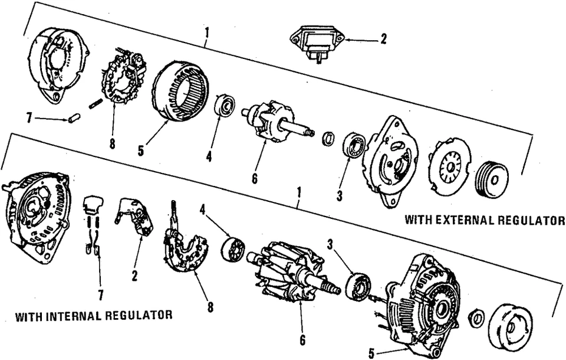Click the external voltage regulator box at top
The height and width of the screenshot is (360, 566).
coord(317,43)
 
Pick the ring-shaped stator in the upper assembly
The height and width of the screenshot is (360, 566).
coord(181,91)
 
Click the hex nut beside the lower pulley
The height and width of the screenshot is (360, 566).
coord(476,318)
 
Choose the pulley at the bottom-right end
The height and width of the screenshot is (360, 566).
coord(512,326)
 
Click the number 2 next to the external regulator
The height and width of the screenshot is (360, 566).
coord(383,40)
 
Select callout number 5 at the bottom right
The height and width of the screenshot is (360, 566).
coord(371,354)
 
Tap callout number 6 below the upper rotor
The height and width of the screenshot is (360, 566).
coord(255,178)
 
